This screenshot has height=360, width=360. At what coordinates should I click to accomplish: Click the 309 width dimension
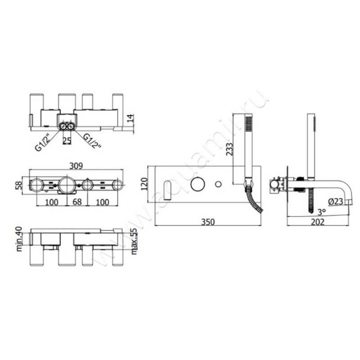(76, 166)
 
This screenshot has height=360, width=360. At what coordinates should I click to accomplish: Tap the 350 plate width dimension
(208, 222)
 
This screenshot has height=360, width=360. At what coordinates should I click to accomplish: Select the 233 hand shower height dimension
(229, 149)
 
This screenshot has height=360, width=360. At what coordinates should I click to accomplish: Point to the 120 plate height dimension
(144, 184)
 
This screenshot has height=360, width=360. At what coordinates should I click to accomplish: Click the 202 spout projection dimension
(318, 222)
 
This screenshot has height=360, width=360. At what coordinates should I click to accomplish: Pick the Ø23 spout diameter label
(335, 202)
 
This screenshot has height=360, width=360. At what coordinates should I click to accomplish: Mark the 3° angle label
(321, 212)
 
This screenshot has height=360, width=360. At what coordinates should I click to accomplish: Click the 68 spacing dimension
(77, 202)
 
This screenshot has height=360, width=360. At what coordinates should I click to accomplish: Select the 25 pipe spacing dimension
(67, 140)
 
